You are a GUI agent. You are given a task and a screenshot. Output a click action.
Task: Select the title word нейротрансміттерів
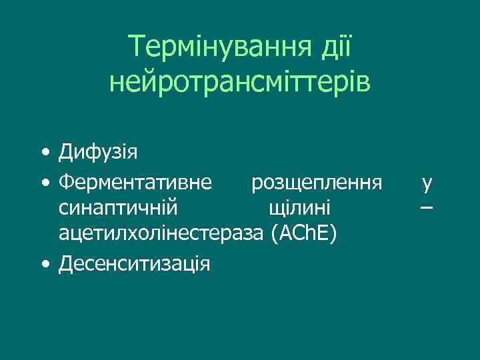click(x=240, y=83)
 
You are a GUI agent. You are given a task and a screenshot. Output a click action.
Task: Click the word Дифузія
click(x=98, y=153)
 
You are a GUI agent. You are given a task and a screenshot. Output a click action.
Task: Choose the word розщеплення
click(x=317, y=181)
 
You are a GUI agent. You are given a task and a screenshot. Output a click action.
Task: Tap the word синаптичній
click(x=118, y=208)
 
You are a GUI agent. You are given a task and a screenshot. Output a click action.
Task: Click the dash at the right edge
click(x=427, y=208)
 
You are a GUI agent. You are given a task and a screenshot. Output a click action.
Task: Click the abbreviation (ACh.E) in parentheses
click(x=304, y=235)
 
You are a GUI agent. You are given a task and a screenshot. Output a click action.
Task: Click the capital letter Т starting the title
click(x=138, y=47)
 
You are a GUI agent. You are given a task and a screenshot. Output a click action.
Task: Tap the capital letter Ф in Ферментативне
click(x=67, y=181)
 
